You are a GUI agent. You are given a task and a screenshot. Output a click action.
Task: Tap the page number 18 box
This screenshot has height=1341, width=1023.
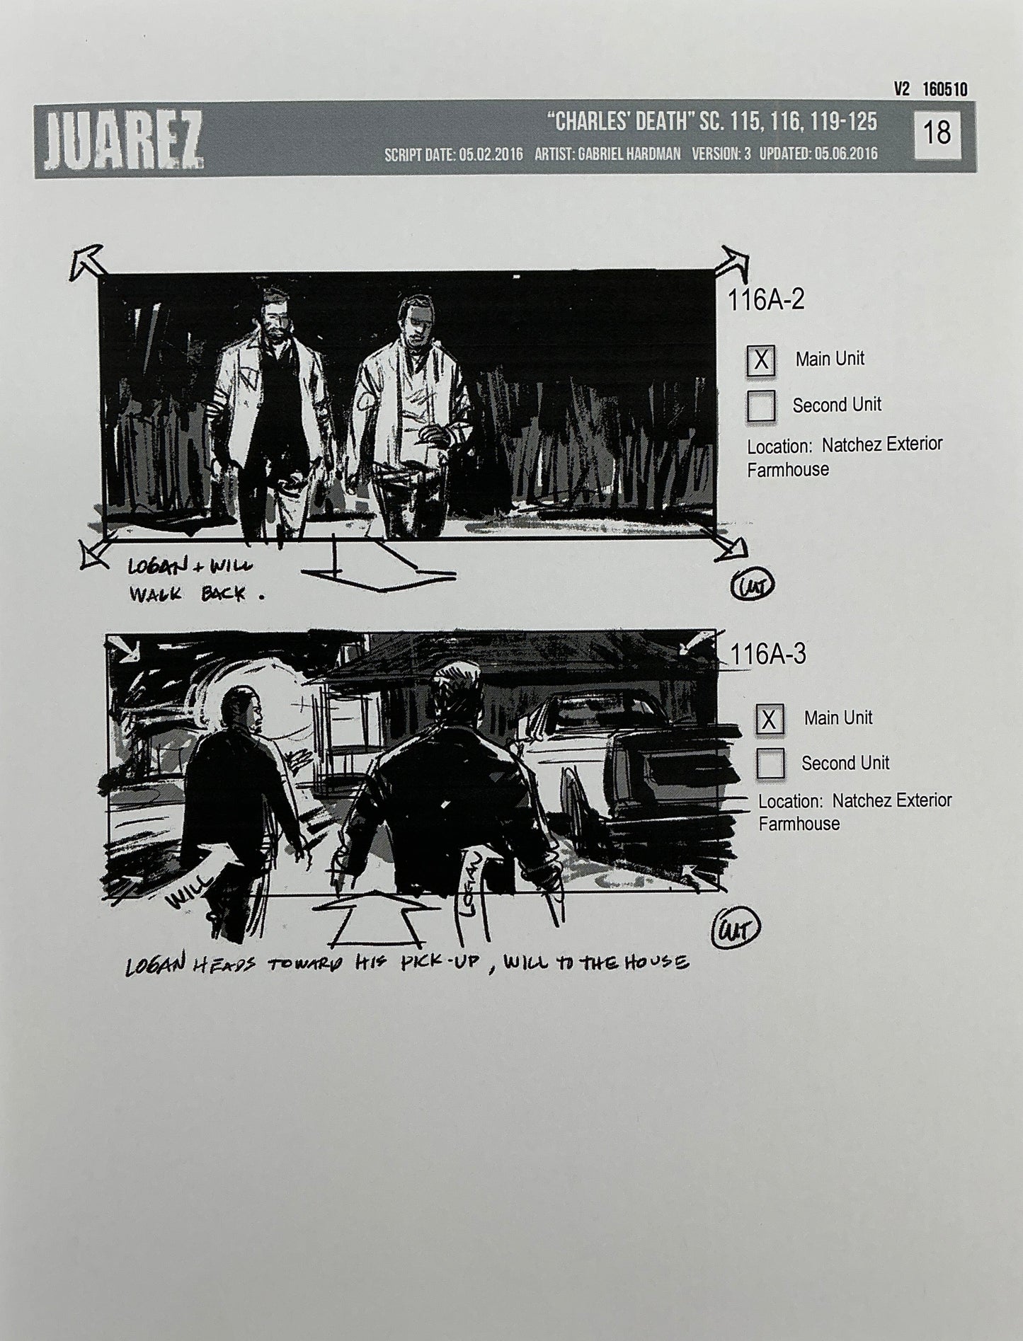(937, 133)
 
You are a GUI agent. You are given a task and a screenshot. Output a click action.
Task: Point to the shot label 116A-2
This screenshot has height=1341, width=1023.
(766, 301)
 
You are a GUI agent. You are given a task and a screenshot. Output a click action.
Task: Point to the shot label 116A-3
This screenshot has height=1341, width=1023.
(768, 655)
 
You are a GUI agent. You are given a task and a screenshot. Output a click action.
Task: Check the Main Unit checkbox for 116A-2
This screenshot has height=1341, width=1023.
(761, 361)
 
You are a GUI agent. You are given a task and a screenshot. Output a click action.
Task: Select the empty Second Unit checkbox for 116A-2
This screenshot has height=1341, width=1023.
(761, 406)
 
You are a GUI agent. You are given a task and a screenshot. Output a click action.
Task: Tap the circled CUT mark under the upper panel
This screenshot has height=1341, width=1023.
(752, 585)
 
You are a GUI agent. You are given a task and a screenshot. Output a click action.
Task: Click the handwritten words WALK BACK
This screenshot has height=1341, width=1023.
(187, 593)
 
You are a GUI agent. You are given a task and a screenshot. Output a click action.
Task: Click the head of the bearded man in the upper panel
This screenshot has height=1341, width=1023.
(270, 313)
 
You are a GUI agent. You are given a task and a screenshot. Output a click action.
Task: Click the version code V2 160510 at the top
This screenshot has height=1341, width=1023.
(930, 89)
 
